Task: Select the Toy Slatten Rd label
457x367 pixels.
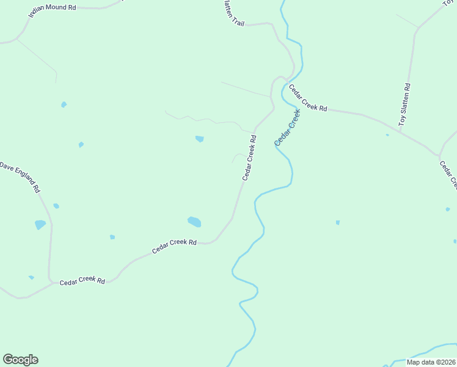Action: coord(404,105)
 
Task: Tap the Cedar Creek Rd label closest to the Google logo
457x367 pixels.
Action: coord(82,281)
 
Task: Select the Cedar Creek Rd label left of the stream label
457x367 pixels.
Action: coord(249,158)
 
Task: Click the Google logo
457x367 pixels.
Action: coord(20,360)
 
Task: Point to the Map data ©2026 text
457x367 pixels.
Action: coord(431,362)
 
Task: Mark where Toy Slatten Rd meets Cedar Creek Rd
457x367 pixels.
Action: coord(440,156)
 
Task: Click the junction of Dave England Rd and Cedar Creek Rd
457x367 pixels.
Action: coord(50,281)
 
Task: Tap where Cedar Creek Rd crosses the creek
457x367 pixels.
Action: coord(285,81)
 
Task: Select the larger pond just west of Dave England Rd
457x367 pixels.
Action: coord(40,224)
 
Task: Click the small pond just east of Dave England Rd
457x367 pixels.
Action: coord(56,206)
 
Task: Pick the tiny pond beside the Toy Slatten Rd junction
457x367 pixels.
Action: coord(387,135)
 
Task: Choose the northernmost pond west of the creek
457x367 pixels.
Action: coord(64,105)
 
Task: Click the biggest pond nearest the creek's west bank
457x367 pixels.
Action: coord(194,221)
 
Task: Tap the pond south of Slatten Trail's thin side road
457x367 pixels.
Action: coord(199,139)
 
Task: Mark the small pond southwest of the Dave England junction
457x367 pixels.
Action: coord(31,278)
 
